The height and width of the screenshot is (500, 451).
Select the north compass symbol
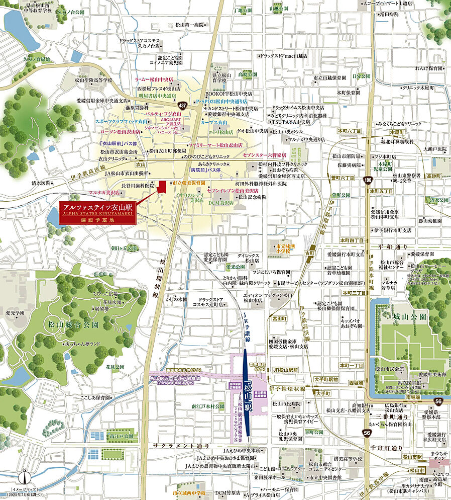coord(24,476)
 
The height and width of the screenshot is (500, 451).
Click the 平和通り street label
coord(394,247)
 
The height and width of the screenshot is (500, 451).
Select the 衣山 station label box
coord(140,164)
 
